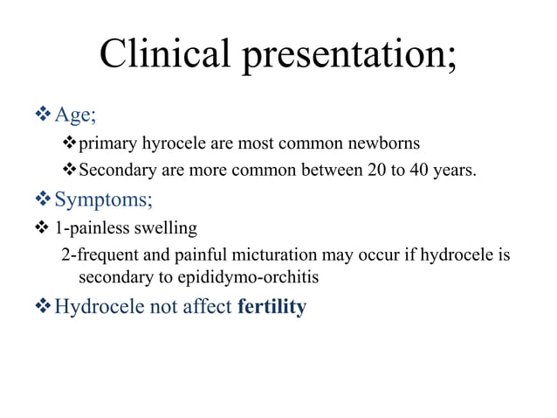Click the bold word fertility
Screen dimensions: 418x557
tap(272, 308)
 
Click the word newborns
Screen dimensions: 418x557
tap(382, 143)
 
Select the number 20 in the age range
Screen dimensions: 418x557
tap(370, 170)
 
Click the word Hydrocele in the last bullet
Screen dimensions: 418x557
tap(94, 308)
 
